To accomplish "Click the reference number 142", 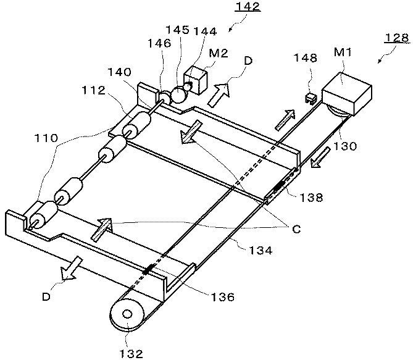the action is click(x=248, y=6).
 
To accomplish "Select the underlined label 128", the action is click(x=397, y=38).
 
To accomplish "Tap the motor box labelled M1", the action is click(x=347, y=94).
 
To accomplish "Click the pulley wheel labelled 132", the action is click(x=127, y=314).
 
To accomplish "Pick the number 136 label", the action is click(x=222, y=297).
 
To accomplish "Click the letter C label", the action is click(x=296, y=229).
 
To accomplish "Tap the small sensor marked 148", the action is click(x=311, y=98).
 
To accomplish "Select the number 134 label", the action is click(x=261, y=250).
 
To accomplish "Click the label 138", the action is click(x=311, y=197).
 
